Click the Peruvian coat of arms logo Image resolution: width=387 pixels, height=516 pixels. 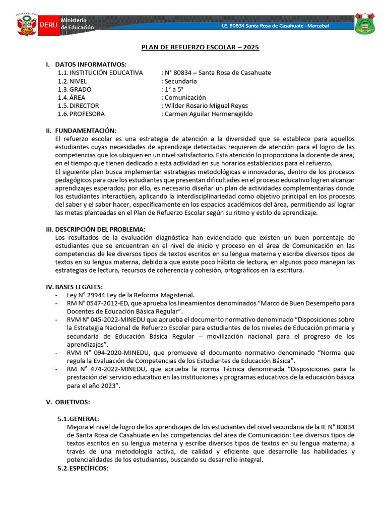[26, 23]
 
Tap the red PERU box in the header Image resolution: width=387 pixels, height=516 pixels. [48, 24]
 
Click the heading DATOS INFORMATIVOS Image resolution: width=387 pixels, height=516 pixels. [91, 64]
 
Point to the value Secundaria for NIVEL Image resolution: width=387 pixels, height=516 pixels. [180, 81]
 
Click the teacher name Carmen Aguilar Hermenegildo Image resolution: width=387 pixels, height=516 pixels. [209, 114]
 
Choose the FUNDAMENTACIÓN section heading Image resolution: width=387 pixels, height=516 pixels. [85, 131]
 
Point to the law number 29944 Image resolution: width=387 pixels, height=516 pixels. [96, 295]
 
